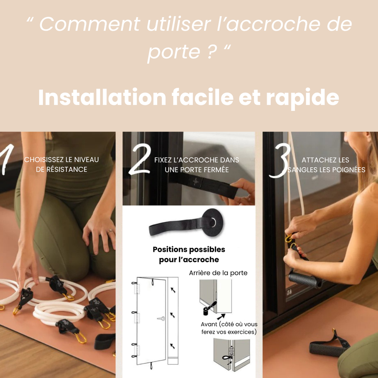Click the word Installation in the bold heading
click(102, 97)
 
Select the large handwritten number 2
click(140, 159)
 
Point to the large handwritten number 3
click(280, 161)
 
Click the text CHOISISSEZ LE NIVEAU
click(62, 159)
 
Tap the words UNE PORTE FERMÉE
click(197, 170)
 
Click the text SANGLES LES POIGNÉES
click(326, 170)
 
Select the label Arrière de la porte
click(218, 273)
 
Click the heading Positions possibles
click(189, 249)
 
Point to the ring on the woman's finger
click(110, 231)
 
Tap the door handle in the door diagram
click(161, 319)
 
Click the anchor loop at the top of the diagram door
click(152, 282)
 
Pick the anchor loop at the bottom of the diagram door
click(151, 365)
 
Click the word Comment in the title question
click(90, 24)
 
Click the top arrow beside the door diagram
click(173, 290)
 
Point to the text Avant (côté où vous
click(229, 324)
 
